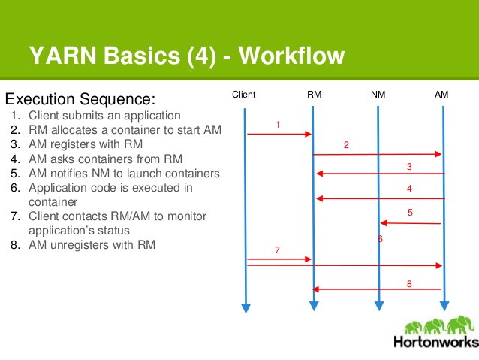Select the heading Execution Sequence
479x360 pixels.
(80, 99)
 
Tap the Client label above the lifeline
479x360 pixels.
(244, 95)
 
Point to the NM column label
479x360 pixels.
(378, 95)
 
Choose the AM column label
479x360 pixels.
(441, 95)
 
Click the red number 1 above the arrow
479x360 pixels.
(278, 124)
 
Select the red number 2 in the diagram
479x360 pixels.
(346, 144)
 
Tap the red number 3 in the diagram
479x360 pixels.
(409, 166)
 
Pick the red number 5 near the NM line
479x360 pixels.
(410, 213)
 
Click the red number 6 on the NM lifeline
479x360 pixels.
(380, 239)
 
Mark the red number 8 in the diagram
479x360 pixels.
(409, 283)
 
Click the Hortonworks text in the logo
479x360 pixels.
(435, 343)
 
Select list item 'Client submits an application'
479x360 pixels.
(104, 116)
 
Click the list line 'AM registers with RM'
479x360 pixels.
(86, 144)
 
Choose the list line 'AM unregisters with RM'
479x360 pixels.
(92, 245)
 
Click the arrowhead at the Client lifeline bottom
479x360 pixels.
(245, 308)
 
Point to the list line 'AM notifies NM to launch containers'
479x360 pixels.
(124, 173)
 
